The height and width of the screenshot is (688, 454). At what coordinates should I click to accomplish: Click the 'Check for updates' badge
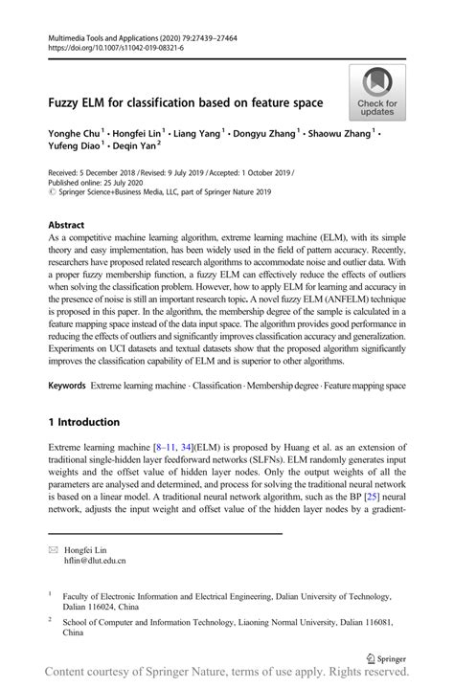click(x=377, y=93)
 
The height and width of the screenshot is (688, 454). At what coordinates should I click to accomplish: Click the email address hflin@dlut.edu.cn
click(x=95, y=563)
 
